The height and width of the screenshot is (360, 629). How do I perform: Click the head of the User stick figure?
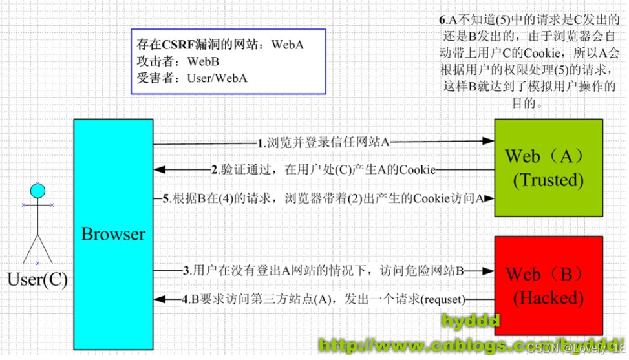pyautogui.click(x=38, y=191)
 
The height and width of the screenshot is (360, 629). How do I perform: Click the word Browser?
pyautogui.click(x=113, y=233)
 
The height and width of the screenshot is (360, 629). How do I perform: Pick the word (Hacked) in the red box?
pyautogui.click(x=548, y=298)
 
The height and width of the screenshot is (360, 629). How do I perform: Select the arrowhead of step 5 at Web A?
pyautogui.click(x=489, y=198)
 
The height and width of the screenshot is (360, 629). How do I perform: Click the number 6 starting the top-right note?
pyautogui.click(x=442, y=20)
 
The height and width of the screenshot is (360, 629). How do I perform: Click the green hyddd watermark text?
pyautogui.click(x=471, y=321)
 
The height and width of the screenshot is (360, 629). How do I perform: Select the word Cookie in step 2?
pyautogui.click(x=418, y=170)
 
